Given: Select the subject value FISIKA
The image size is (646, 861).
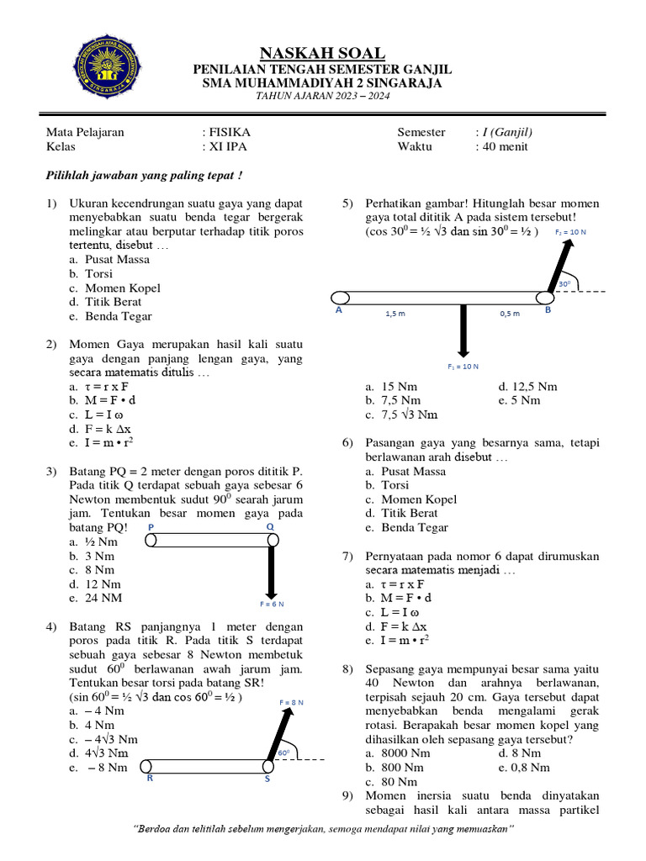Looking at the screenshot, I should [230, 132].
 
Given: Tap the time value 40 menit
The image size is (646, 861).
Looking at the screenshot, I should [508, 146].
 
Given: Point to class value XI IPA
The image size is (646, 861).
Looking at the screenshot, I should [228, 146].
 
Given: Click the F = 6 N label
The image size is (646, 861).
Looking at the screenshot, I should [271, 604].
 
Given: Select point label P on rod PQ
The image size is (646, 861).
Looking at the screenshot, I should [151, 526].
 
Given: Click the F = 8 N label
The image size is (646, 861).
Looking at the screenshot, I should [291, 701].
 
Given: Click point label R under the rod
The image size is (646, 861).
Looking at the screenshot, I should [150, 779].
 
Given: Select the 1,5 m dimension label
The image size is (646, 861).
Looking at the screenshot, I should [394, 314].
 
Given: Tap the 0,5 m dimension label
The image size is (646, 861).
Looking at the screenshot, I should [510, 314].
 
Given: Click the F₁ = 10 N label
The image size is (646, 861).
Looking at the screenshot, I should [463, 367].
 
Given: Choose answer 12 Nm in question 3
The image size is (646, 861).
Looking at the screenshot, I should [102, 584].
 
